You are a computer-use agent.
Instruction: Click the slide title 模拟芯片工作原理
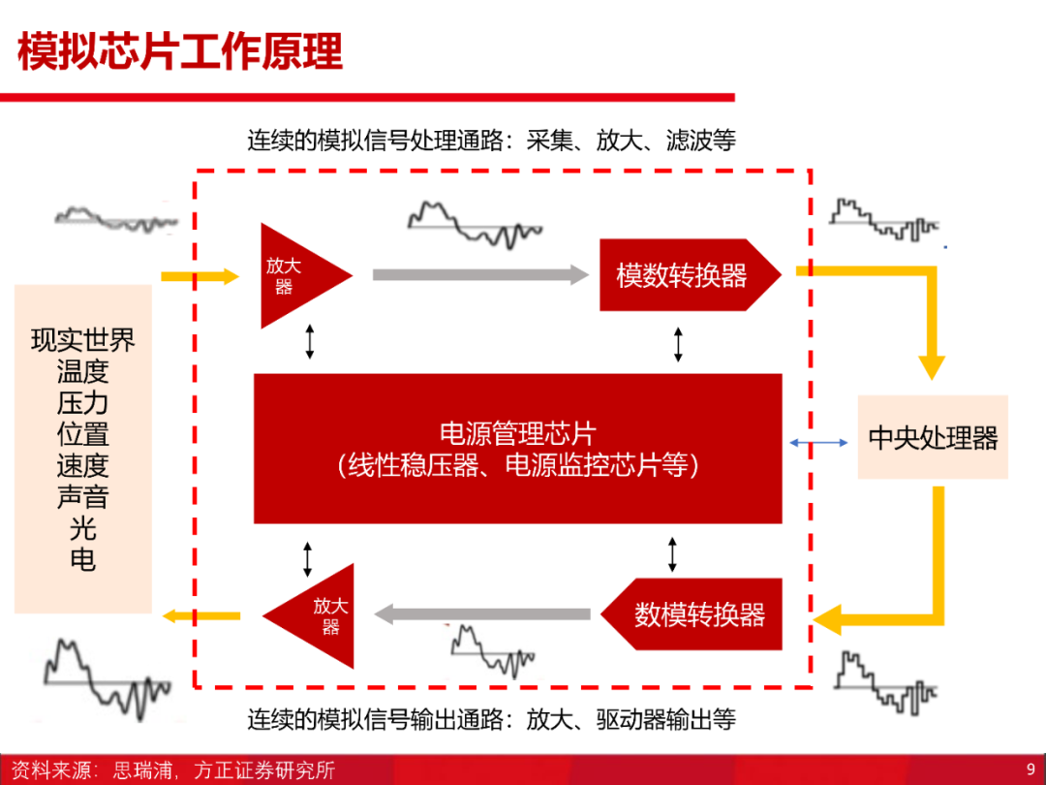click(x=180, y=52)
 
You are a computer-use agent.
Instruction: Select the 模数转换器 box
click(x=690, y=275)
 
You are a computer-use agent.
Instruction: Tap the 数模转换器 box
click(x=692, y=614)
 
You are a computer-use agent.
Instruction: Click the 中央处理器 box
click(x=933, y=437)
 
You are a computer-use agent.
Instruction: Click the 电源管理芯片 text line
click(x=517, y=433)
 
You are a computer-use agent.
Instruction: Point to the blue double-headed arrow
click(x=818, y=442)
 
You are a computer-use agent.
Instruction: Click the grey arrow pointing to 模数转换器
click(x=480, y=275)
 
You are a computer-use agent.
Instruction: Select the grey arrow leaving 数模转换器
click(x=481, y=614)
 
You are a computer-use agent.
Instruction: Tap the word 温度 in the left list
click(x=82, y=371)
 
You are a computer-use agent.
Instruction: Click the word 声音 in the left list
click(x=82, y=496)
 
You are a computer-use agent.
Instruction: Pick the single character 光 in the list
click(x=82, y=528)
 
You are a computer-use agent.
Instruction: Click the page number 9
click(x=1031, y=769)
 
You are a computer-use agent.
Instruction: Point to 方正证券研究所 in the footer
click(x=264, y=770)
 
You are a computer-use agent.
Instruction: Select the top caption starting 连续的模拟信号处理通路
click(x=492, y=141)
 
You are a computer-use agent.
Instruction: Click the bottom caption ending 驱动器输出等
click(x=492, y=719)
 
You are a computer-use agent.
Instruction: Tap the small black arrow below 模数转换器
click(x=678, y=344)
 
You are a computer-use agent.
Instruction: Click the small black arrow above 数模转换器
click(x=672, y=554)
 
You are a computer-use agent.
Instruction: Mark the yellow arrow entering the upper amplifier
click(x=200, y=276)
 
